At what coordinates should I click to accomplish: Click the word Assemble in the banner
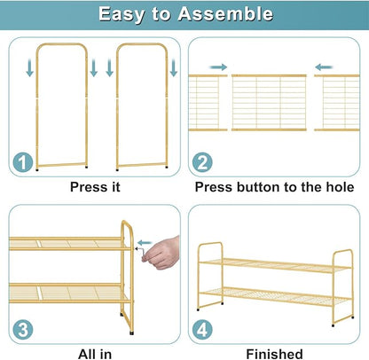pos(225,14)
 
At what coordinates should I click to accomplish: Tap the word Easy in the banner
pos(122,14)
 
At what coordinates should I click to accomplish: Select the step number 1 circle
pos(23,162)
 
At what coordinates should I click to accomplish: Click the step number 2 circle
pos(202,162)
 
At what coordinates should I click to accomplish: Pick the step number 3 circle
pos(23,330)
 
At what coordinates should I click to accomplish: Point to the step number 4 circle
pos(202,330)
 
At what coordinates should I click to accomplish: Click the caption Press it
pos(95,187)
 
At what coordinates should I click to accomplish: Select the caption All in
pos(95,354)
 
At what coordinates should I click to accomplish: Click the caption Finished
pos(274,354)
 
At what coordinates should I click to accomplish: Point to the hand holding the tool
pos(162,254)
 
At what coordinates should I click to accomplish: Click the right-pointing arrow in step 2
pos(218,67)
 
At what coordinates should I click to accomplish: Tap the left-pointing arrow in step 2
pos(324,67)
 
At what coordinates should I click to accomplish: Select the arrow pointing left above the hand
pos(145,243)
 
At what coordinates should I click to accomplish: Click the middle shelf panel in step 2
pos(269,103)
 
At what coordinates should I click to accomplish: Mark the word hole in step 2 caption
pos(340,187)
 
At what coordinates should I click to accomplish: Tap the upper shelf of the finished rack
pos(275,265)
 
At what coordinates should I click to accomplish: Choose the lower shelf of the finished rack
pos(275,296)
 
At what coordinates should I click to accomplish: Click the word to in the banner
pos(161,14)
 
